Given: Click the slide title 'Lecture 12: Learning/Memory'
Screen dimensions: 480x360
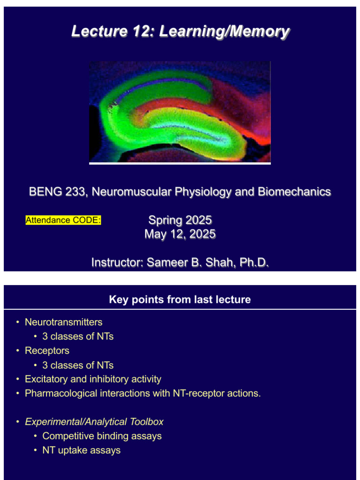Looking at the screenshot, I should [180, 32].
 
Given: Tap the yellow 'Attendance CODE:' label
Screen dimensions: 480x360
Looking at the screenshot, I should [63, 220].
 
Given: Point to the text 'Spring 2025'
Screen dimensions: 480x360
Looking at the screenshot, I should [180, 220].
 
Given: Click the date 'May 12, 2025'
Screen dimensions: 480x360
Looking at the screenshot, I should [180, 234].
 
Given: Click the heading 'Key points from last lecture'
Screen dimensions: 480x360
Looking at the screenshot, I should [180, 300].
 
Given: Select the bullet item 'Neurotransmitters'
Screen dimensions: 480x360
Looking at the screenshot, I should [63, 322].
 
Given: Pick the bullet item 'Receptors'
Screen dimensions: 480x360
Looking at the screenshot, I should [47, 351].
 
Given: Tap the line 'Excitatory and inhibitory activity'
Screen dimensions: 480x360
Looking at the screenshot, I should [93, 379].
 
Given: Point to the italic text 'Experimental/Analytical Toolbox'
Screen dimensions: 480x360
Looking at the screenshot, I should [94, 422].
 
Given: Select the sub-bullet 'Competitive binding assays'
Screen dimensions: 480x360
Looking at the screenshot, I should [102, 436].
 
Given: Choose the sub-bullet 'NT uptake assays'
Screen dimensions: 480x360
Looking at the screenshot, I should [81, 450].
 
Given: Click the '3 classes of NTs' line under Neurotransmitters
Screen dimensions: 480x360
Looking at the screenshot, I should [78, 337].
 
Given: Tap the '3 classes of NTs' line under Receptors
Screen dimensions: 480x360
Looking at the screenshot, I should [78, 365].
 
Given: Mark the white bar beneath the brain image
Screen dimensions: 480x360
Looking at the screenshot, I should [180, 164].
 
